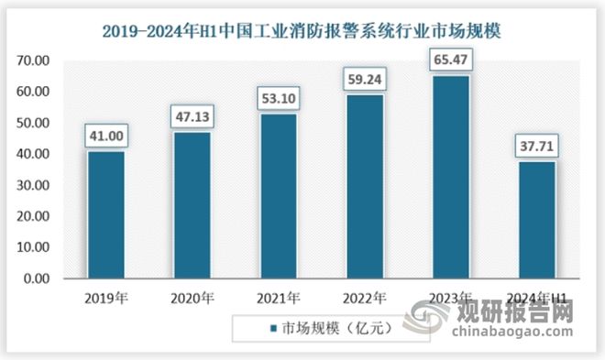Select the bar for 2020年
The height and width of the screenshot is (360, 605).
click(191, 205)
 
